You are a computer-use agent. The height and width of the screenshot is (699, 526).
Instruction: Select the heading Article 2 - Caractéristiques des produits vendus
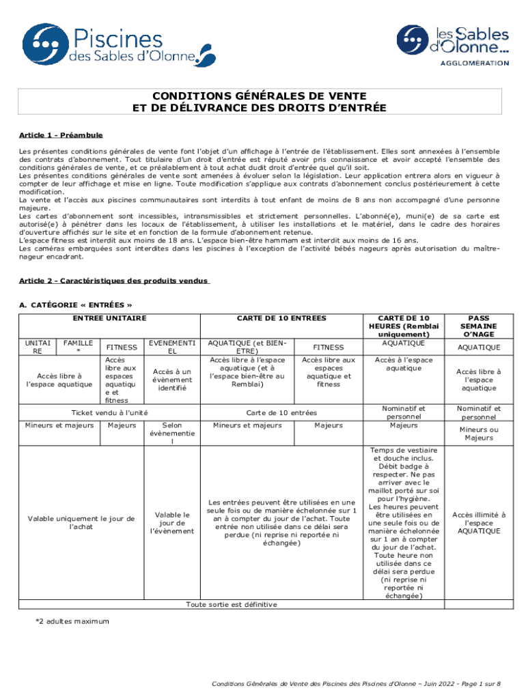click(113, 281)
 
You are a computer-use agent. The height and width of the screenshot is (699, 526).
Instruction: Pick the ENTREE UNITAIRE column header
click(109, 318)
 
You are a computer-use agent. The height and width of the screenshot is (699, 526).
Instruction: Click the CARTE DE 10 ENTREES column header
click(281, 318)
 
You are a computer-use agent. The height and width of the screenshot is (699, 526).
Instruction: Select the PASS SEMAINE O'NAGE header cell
click(478, 326)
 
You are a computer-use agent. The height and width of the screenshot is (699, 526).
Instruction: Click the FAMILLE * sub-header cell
click(77, 347)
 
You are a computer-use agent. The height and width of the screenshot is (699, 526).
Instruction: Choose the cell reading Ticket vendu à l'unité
click(109, 413)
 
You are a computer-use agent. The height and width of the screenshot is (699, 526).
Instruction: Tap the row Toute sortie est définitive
click(232, 604)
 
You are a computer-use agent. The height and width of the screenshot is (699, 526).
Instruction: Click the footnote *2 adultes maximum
click(72, 621)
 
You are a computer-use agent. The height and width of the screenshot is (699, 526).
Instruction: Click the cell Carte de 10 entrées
click(281, 413)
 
